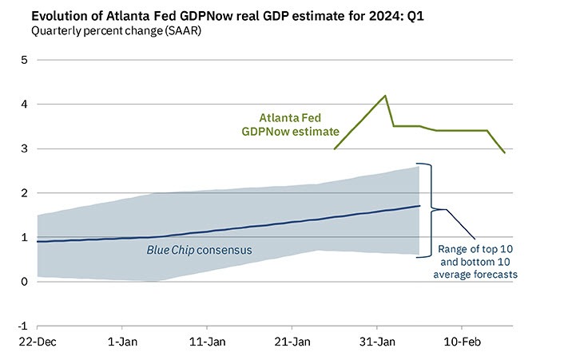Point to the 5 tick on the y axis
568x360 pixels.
23,60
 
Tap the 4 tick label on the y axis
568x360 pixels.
23,105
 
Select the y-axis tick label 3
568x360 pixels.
23,148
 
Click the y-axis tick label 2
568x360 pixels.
23,193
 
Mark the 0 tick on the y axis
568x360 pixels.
23,282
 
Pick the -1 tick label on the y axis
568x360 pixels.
22,326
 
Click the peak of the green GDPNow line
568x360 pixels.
386,96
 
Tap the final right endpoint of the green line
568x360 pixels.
504,152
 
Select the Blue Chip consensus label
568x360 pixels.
199,251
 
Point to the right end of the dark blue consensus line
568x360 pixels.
419,206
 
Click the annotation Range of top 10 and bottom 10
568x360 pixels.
478,262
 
